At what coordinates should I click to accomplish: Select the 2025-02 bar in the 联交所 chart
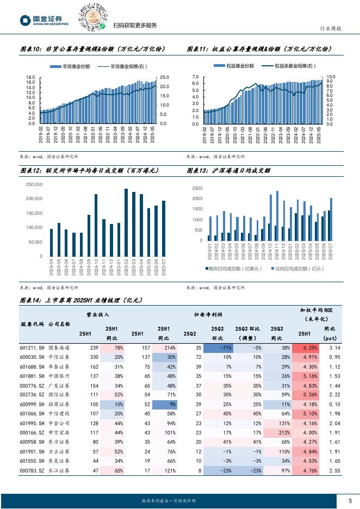tap(126, 222)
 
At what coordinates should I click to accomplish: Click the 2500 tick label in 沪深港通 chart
tap(197, 188)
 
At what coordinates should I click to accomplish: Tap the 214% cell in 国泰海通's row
tap(164, 347)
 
